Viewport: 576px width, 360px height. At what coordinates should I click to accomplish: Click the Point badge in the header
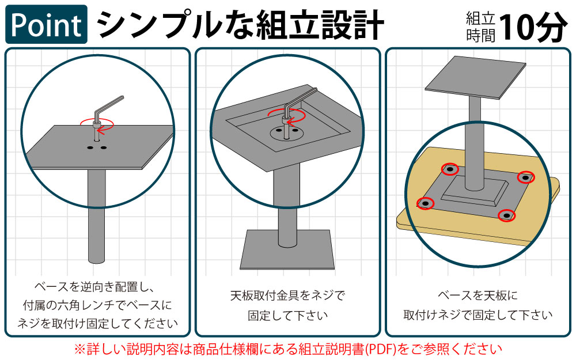coord(47,24)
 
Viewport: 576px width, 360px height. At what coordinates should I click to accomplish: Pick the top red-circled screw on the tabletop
coord(450,169)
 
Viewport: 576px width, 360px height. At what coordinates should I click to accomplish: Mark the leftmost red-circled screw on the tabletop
coord(425,203)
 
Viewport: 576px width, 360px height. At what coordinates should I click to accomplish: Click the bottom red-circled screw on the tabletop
coord(506,215)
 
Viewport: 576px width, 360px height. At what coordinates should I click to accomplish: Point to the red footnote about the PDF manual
coord(287,348)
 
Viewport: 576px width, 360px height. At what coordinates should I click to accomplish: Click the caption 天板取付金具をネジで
coord(287,297)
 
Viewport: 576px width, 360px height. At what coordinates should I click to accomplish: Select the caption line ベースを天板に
coord(478,297)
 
